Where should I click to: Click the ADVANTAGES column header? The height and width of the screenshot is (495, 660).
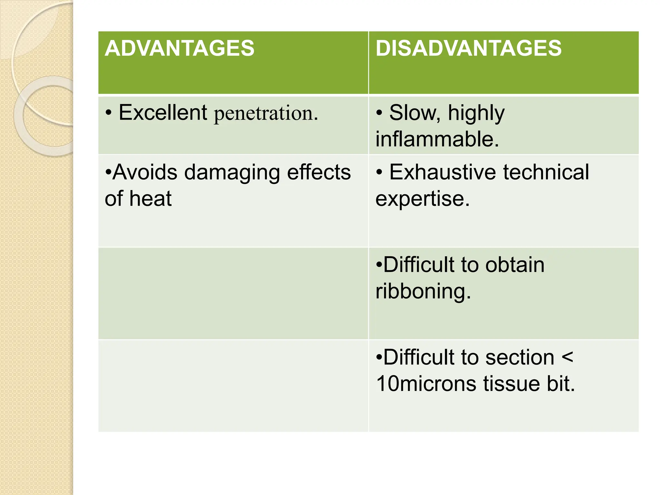180,48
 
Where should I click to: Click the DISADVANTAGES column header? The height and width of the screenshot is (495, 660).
468,48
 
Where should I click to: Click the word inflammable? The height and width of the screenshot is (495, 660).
437,139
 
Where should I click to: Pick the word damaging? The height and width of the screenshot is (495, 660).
232,172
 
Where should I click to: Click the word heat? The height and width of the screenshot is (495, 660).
150,199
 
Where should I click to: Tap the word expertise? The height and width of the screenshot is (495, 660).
422,199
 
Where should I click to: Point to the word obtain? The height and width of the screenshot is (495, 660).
515,265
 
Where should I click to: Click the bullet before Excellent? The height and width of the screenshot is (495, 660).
109,113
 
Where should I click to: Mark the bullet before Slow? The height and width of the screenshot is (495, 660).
380,113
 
